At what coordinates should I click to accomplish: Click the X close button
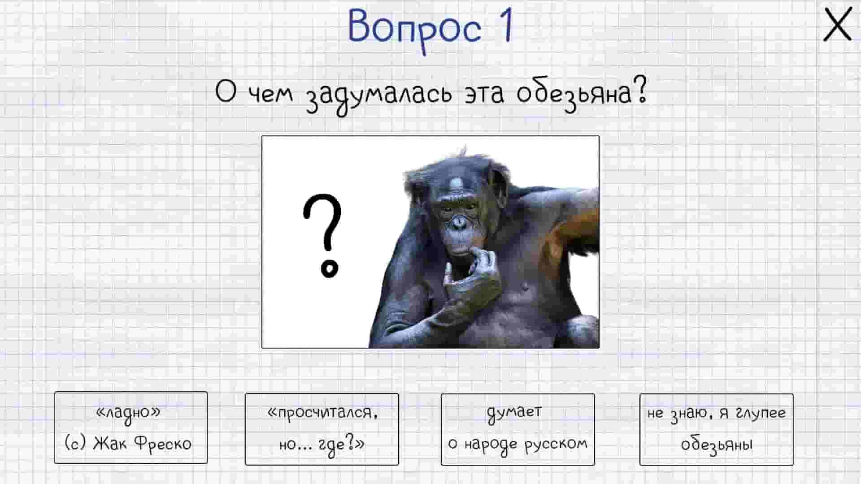pos(837,25)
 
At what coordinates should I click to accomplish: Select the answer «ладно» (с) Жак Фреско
pos(130,428)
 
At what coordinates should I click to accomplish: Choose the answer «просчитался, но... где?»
pos(322,429)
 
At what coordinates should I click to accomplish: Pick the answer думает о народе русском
pos(517,429)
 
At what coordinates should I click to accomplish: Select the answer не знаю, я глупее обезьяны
pos(716,429)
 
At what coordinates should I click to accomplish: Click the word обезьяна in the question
pos(581,94)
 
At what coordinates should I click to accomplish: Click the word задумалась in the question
pos(379,95)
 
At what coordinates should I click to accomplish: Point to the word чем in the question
pos(270,94)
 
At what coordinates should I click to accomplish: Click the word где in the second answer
pos(332,445)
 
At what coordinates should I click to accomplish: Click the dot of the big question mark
pos(330,269)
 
